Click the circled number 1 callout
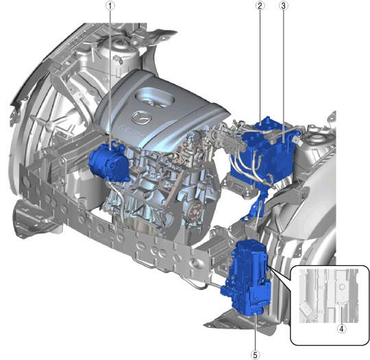(x=110, y=6)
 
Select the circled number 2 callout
(x=260, y=5)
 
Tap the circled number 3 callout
(x=284, y=5)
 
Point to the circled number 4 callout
(x=342, y=328)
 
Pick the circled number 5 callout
(x=255, y=355)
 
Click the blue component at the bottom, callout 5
(x=247, y=278)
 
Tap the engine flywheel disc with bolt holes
(x=196, y=211)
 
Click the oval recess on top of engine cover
(x=155, y=97)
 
